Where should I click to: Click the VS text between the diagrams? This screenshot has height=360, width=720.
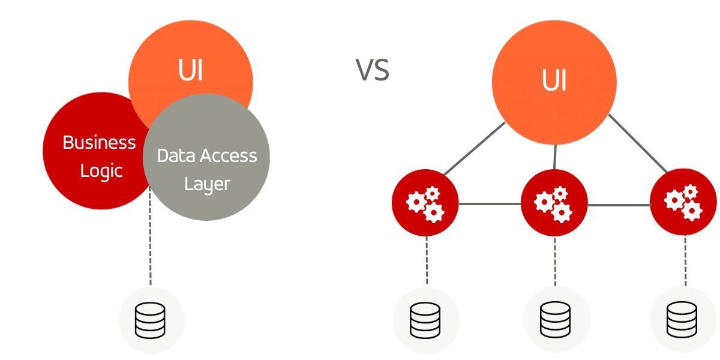[373, 70]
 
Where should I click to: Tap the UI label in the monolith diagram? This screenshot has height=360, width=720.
[190, 70]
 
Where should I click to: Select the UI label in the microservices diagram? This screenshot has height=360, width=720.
[554, 80]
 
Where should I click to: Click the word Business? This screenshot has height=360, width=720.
[99, 142]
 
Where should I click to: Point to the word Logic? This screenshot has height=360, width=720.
[101, 172]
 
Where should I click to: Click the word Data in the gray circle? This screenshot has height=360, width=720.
[176, 156]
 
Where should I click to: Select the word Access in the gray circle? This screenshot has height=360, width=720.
[229, 156]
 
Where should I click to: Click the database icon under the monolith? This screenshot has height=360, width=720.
[150, 320]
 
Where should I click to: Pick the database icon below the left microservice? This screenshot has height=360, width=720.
[425, 320]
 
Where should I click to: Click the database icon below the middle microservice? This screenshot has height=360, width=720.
[556, 320]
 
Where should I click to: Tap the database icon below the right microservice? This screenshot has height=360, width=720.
[682, 320]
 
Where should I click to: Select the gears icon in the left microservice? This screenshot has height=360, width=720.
[425, 205]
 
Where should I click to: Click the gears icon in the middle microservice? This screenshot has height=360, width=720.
[553, 205]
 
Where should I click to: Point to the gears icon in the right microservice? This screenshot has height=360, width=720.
[683, 203]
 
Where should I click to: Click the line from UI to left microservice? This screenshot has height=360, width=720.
[475, 149]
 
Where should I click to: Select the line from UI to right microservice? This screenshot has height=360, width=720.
[638, 143]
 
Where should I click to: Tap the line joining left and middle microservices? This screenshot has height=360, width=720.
[490, 204]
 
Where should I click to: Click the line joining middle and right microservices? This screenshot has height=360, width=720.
[619, 205]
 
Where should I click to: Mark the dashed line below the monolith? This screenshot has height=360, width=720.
[150, 236]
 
